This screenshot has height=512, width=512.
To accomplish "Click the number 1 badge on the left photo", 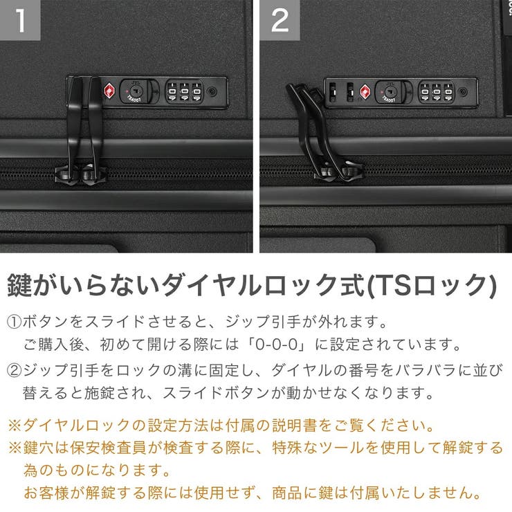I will coord(20,20).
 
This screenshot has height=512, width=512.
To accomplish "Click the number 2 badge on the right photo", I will coord(280,20).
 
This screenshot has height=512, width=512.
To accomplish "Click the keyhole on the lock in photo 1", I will coord(134,91).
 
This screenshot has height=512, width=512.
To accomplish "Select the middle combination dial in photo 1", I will coord(185,91).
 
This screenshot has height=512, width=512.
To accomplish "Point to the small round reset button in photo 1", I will coord(212,91).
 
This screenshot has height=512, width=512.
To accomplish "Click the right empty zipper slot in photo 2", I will coord(349,91).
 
